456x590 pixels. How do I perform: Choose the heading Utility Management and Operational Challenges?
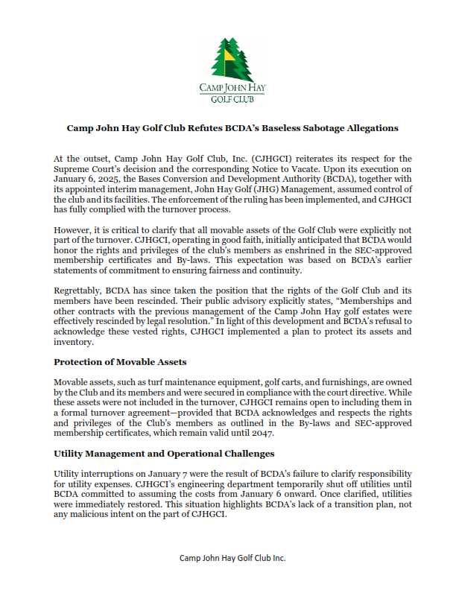[x=164, y=453]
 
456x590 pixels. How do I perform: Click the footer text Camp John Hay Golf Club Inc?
[x=232, y=557]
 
